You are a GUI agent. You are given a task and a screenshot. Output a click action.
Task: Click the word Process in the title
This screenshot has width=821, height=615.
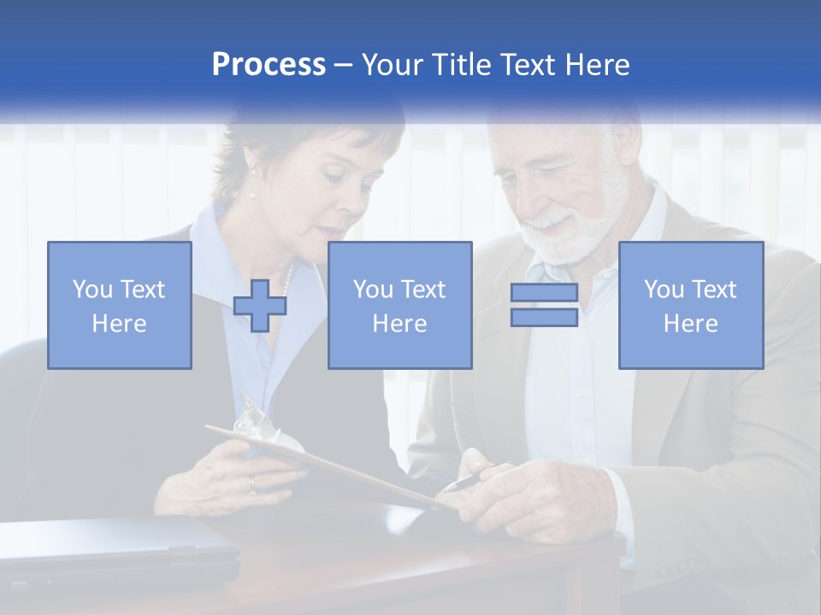[x=269, y=65]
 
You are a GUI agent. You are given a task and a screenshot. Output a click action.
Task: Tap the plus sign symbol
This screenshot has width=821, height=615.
[x=260, y=306]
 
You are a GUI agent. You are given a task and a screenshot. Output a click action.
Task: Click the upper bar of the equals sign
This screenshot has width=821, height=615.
[x=544, y=293]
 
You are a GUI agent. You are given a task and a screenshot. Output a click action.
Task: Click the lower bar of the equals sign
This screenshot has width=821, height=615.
[x=544, y=318]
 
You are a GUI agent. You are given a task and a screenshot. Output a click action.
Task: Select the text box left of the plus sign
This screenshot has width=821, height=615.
[x=120, y=306]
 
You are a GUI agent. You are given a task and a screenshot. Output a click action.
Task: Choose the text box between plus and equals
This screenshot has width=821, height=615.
[x=399, y=306]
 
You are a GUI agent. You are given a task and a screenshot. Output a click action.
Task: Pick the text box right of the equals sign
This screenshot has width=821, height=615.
[x=691, y=306]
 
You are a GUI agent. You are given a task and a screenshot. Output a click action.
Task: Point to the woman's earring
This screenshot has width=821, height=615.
[x=252, y=193]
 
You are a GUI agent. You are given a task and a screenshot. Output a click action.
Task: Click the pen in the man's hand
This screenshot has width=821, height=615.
[x=466, y=481]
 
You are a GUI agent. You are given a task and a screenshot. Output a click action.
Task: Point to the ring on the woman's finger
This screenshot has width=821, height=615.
[x=251, y=483]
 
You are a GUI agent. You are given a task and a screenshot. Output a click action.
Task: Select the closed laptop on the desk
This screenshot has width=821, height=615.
[x=111, y=547]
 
